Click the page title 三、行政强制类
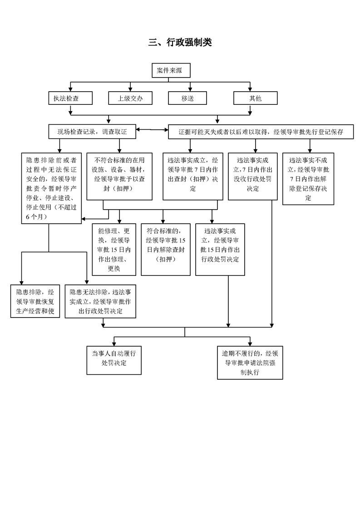(180, 42)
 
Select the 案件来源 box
(171, 70)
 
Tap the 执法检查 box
(70, 98)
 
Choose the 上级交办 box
(130, 98)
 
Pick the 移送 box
(187, 98)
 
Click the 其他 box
(256, 98)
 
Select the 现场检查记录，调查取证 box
(92, 132)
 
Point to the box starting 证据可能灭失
(261, 132)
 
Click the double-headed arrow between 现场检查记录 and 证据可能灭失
(152, 130)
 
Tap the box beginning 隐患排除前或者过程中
(51, 188)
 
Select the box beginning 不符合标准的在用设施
(119, 176)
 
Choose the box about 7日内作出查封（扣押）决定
(192, 176)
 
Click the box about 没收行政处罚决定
(253, 176)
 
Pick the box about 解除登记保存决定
(308, 179)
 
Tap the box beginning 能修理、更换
(113, 250)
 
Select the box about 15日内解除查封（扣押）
(165, 250)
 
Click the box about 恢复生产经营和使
(35, 301)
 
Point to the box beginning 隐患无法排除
(100, 301)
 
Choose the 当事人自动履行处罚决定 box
(113, 360)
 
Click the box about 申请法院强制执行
(250, 362)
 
